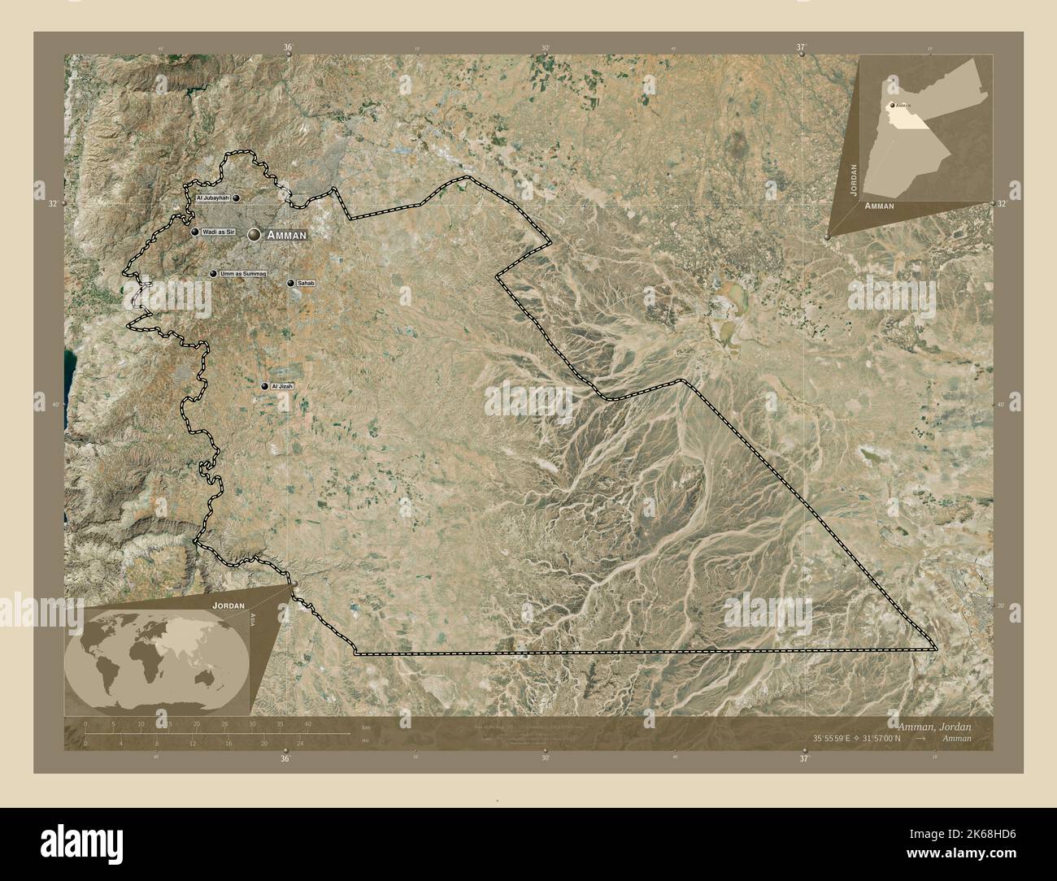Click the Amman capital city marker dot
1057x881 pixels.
click(x=254, y=234)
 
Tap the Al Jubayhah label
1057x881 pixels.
click(x=212, y=197)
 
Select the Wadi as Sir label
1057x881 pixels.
click(x=218, y=232)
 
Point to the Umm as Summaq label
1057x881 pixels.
click(x=242, y=275)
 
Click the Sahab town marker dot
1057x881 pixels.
click(x=291, y=283)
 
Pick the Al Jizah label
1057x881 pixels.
click(x=281, y=386)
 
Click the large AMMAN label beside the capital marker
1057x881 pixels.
click(x=286, y=235)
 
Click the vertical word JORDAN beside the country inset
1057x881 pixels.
click(x=853, y=179)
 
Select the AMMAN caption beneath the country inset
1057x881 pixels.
click(x=880, y=206)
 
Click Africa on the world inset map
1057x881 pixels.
click(x=144, y=666)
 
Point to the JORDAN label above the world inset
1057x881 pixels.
click(x=228, y=606)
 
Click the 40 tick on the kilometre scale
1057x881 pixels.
click(x=307, y=723)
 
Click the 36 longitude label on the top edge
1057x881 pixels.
click(x=287, y=48)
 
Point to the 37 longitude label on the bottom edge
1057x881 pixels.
click(x=803, y=758)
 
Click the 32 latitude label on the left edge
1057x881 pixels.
click(x=53, y=203)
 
